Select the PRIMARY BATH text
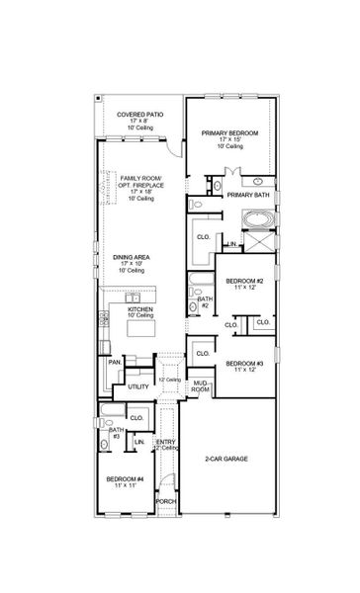[x=248, y=196]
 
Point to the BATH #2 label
[x=205, y=301]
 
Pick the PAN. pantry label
[x=114, y=363]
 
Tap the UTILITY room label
[x=138, y=386]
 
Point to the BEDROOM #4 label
[x=127, y=482]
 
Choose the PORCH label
[x=164, y=500]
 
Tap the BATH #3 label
[x=116, y=433]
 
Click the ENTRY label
[x=165, y=444]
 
